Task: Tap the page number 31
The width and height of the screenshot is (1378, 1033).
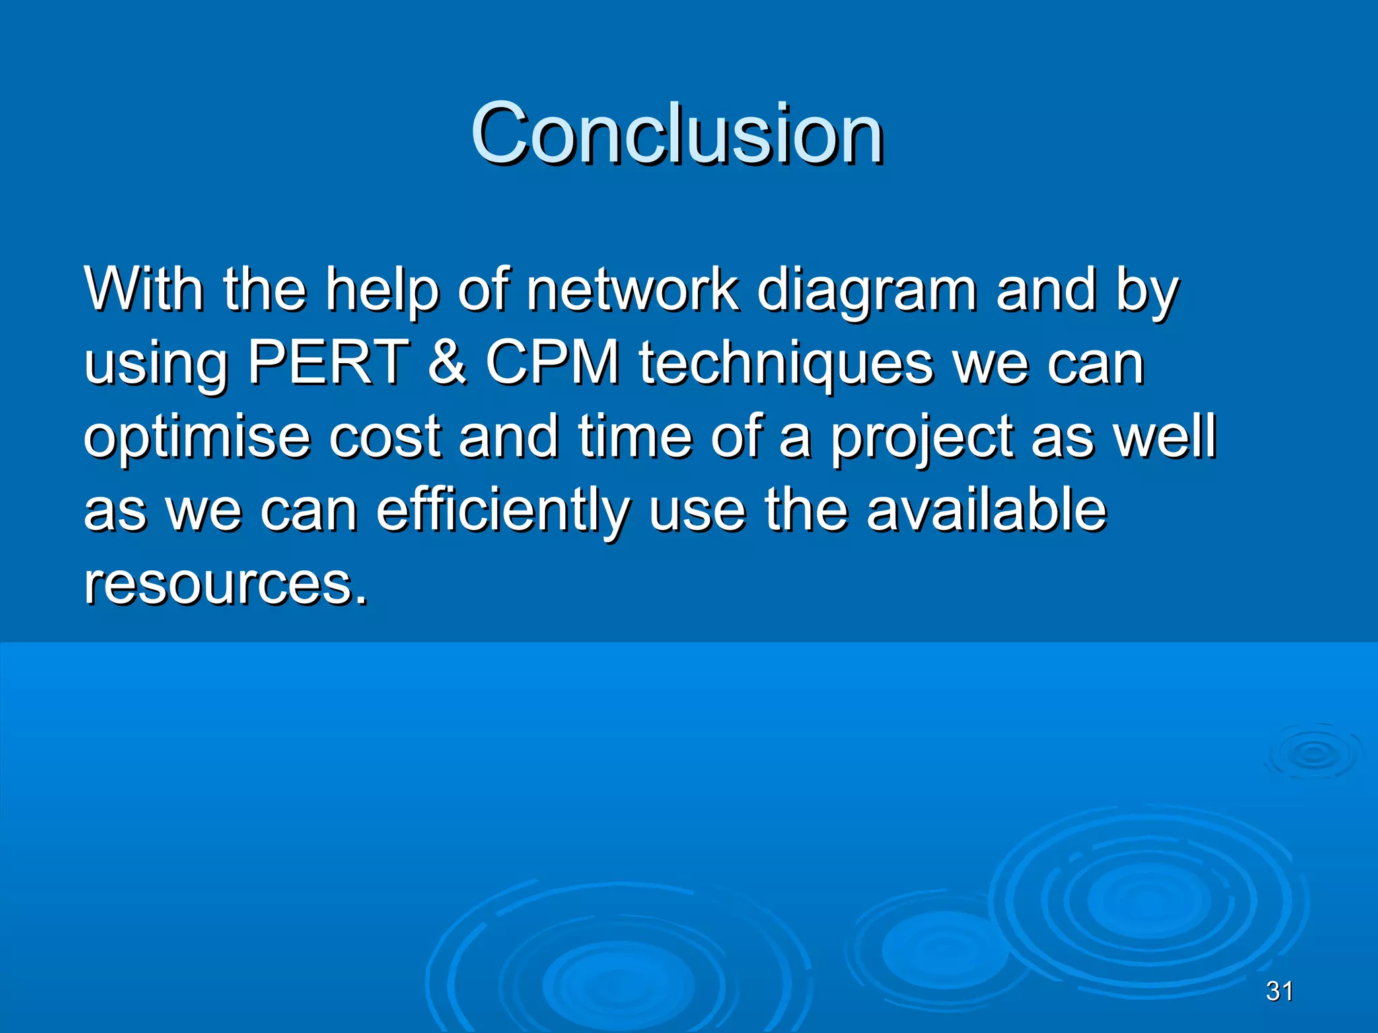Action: [x=1279, y=991]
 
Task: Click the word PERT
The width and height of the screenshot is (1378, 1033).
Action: [x=328, y=362]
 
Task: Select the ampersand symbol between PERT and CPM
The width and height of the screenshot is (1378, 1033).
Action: [x=447, y=362]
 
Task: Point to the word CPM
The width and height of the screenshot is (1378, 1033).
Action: [x=552, y=362]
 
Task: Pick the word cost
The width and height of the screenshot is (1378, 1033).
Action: [x=385, y=437]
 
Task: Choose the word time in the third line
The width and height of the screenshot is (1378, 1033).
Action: [x=634, y=436]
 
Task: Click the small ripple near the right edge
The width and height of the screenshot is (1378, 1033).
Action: [x=1313, y=753]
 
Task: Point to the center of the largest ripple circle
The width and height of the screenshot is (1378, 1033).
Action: [x=1148, y=901]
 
